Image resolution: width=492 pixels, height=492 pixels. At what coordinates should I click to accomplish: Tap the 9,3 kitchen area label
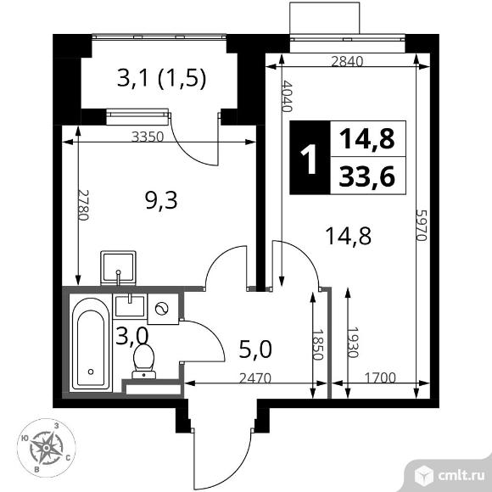[x=158, y=201]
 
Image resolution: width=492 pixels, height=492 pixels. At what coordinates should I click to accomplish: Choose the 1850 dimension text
[x=318, y=347]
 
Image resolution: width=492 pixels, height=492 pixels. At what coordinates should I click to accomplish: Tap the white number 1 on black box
[x=309, y=157]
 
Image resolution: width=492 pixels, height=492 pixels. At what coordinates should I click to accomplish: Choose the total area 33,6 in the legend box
[x=361, y=176]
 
